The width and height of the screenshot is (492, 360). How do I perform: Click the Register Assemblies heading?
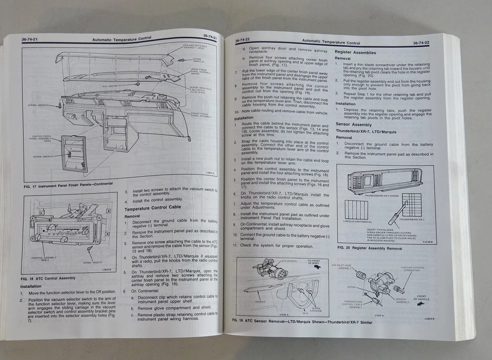point(355,52)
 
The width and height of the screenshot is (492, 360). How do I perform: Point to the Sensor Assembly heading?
point(354,125)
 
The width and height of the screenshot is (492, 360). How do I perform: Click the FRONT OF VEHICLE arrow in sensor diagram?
point(422,303)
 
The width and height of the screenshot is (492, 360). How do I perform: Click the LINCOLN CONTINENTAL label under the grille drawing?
point(359,222)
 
